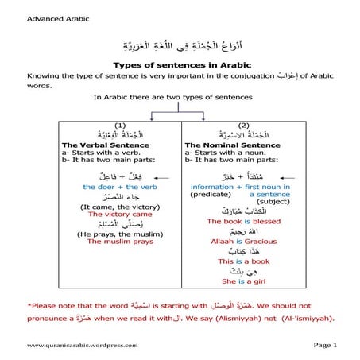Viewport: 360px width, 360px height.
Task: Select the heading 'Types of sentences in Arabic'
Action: tap(180, 64)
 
